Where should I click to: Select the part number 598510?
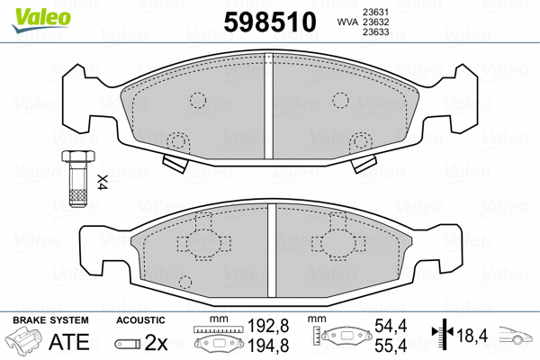click(268, 20)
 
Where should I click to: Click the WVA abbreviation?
click(345, 22)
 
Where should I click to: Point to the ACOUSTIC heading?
click(140, 319)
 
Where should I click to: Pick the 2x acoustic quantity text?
click(157, 343)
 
